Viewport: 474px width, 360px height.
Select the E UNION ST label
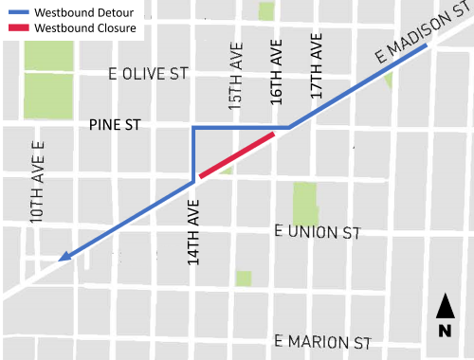pyautogui.click(x=318, y=230)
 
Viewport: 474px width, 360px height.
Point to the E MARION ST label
pyautogui.click(x=321, y=340)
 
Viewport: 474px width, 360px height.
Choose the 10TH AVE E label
pyautogui.click(x=37, y=182)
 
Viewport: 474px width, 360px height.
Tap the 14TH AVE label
pyautogui.click(x=194, y=232)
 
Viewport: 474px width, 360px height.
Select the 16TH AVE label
pyautogui.click(x=276, y=67)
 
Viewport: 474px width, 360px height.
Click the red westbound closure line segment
pyautogui.click(x=237, y=154)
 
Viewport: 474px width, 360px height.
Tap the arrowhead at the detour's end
pyautogui.click(x=64, y=255)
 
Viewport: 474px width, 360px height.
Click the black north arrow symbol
pyautogui.click(x=444, y=307)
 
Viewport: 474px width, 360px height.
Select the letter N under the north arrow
pyautogui.click(x=444, y=331)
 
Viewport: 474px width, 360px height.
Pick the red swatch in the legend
pyautogui.click(x=18, y=28)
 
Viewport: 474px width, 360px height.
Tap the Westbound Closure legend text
pyautogui.click(x=84, y=28)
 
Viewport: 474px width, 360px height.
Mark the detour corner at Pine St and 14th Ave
pyautogui.click(x=194, y=128)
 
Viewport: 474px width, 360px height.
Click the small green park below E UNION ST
pyautogui.click(x=244, y=278)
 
